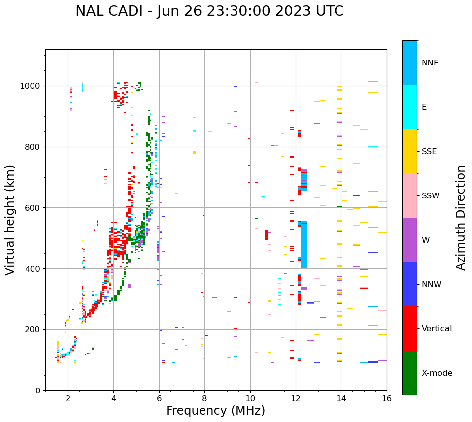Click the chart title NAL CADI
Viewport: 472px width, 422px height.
point(209,11)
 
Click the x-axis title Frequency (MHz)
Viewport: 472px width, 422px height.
point(215,411)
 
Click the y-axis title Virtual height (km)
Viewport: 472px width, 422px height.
point(10,220)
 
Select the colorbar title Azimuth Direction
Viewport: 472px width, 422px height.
point(461,218)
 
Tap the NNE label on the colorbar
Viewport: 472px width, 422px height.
point(430,63)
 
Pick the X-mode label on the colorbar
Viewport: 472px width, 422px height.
point(437,373)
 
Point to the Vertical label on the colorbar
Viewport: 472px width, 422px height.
point(438,329)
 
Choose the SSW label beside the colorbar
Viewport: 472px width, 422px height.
point(431,196)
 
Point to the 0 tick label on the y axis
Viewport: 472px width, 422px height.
point(37,390)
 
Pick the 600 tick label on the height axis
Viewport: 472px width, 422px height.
point(34,208)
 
